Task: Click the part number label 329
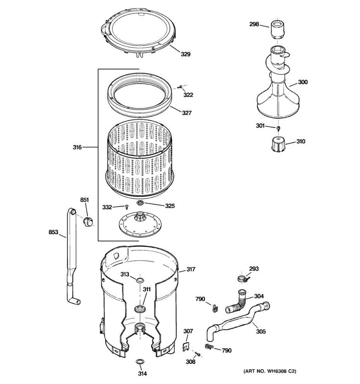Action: (x=186, y=54)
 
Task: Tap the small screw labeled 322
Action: (x=181, y=86)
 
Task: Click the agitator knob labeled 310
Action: (x=277, y=144)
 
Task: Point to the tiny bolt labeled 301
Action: (x=278, y=128)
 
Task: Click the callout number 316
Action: (x=77, y=147)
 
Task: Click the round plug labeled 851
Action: (x=87, y=220)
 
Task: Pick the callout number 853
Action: (x=53, y=232)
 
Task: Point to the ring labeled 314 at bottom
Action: (x=140, y=362)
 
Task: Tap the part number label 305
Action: (x=261, y=332)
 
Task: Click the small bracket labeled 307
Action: (x=185, y=345)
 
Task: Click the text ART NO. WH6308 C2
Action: (x=270, y=371)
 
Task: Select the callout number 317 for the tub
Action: (x=191, y=269)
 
